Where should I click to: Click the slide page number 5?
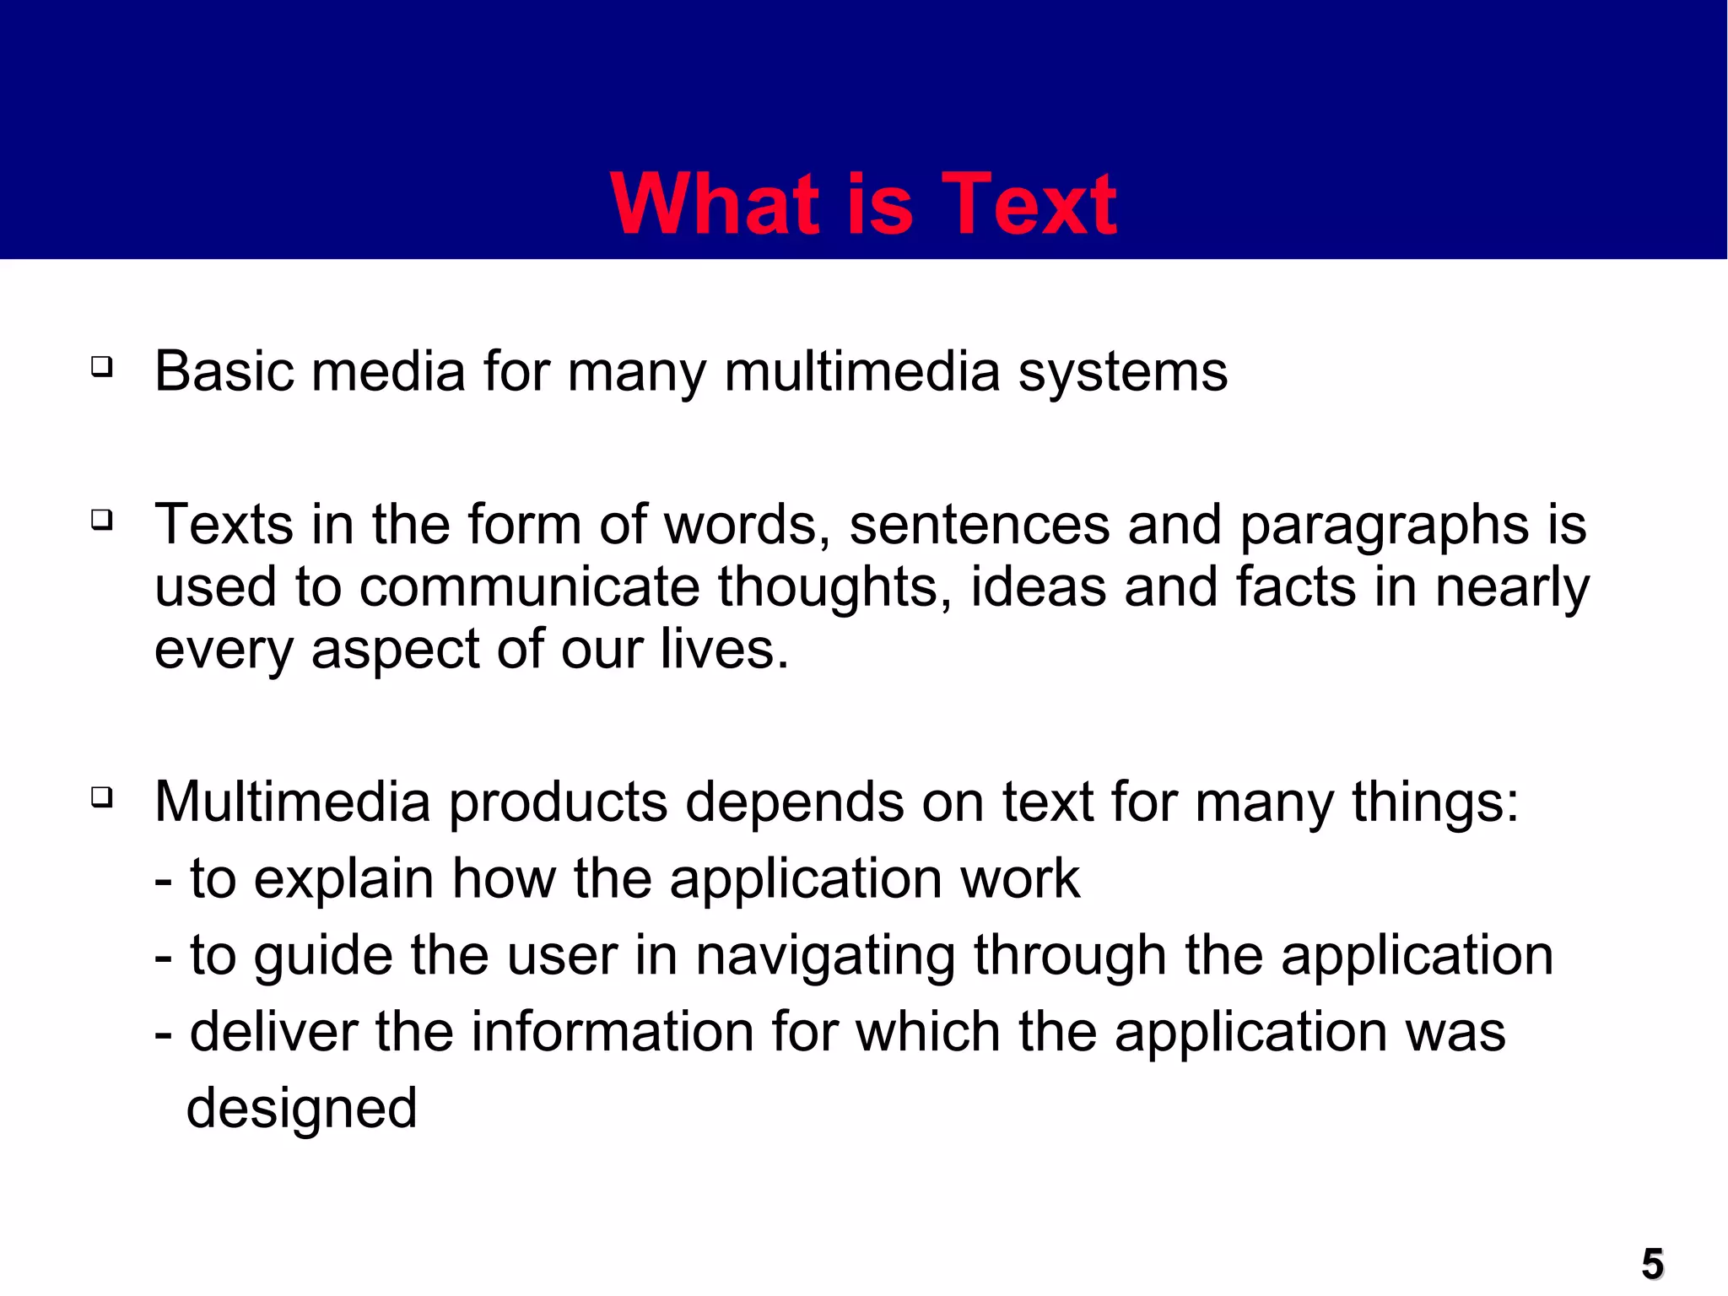(1653, 1264)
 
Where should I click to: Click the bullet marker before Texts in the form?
(102, 520)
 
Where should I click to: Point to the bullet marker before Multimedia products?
(102, 796)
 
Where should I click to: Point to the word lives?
(724, 650)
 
